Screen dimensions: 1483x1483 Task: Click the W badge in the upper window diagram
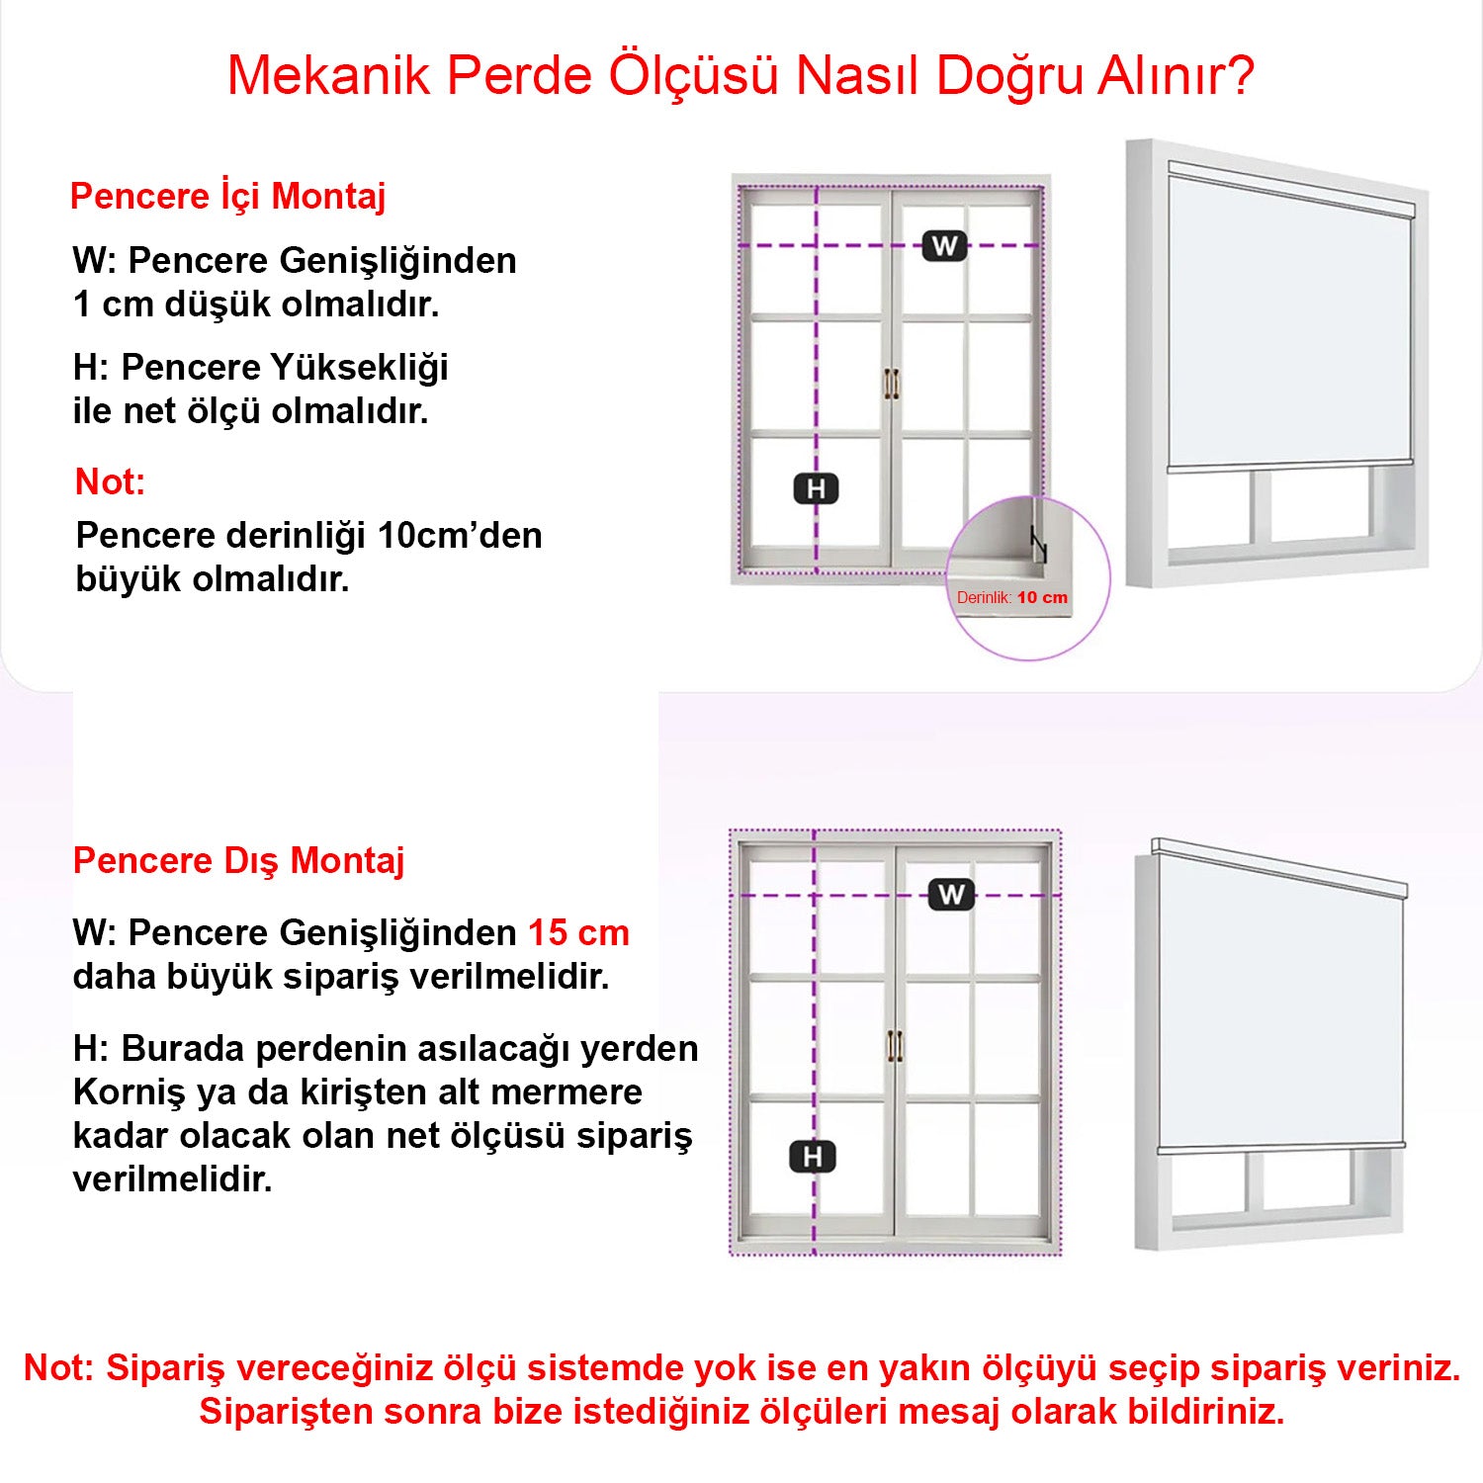pyautogui.click(x=944, y=246)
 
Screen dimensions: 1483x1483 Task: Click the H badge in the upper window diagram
pyautogui.click(x=816, y=488)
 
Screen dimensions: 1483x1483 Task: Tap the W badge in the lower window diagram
pyautogui.click(x=951, y=895)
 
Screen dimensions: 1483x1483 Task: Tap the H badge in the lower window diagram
pyautogui.click(x=813, y=1157)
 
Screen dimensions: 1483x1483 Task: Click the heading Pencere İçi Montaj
pyautogui.click(x=227, y=196)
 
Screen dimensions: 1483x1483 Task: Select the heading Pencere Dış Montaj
pyautogui.click(x=238, y=860)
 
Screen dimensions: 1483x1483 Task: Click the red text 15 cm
pyautogui.click(x=578, y=932)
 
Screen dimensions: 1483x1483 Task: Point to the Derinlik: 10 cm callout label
pyautogui.click(x=1011, y=597)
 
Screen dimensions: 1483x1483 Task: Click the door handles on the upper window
pyautogui.click(x=892, y=384)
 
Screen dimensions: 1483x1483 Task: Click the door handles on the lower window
pyautogui.click(x=895, y=1046)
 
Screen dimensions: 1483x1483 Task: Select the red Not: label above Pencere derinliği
pyautogui.click(x=110, y=482)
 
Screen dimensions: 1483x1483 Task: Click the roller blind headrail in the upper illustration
pyautogui.click(x=1290, y=190)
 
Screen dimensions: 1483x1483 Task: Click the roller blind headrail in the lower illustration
pyautogui.click(x=1279, y=867)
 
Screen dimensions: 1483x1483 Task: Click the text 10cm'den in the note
pyautogui.click(x=460, y=536)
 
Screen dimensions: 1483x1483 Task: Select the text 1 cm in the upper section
pyautogui.click(x=113, y=305)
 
